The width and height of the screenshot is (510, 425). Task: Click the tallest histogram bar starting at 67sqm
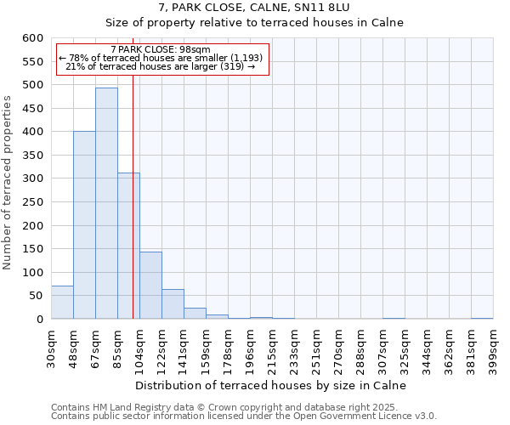tap(106, 204)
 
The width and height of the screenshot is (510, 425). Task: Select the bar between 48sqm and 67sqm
tap(84, 225)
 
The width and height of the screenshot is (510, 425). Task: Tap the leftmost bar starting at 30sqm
tap(62, 303)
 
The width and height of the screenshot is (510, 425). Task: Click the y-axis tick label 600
tap(31, 38)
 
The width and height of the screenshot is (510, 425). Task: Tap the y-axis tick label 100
tap(31, 273)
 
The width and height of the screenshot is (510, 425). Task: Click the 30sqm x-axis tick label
tap(51, 347)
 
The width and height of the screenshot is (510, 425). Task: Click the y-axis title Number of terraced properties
tap(8, 183)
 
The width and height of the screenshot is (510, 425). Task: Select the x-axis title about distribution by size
tap(271, 385)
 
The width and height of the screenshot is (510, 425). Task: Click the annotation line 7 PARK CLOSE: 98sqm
tap(161, 49)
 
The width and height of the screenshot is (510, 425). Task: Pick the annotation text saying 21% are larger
tap(161, 66)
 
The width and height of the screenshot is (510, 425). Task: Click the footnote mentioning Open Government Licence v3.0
tap(244, 416)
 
